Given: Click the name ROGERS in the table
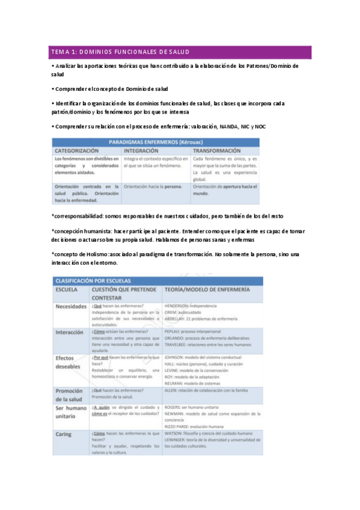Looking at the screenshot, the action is click(174, 407).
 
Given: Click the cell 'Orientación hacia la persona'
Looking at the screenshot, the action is click(153, 186).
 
